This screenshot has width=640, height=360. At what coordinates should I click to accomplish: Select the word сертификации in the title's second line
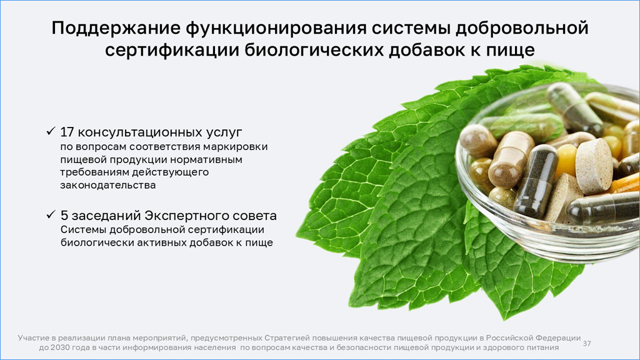[172, 50]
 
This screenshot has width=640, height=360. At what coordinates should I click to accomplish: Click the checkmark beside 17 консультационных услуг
[51, 131]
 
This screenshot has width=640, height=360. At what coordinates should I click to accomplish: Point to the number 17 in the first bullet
[66, 132]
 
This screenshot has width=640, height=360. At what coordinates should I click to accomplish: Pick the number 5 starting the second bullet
[64, 216]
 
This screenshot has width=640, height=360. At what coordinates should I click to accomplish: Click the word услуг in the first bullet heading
[224, 132]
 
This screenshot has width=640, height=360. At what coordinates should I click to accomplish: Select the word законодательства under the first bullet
[108, 185]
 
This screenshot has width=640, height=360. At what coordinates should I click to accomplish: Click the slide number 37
[587, 343]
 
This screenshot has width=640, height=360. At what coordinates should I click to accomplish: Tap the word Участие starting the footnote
[32, 338]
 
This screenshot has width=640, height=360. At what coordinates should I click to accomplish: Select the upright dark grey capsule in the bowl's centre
[536, 181]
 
